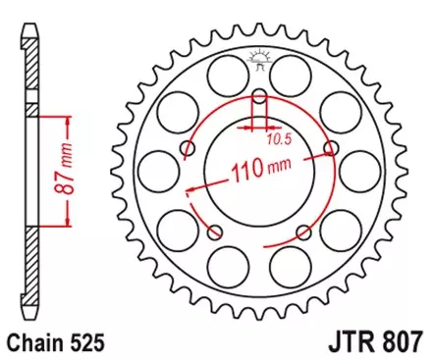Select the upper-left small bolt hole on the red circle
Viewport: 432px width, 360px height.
coord(189,148)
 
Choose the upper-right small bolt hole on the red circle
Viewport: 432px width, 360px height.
coord(330,148)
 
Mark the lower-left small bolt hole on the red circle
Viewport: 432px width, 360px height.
coord(216,231)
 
